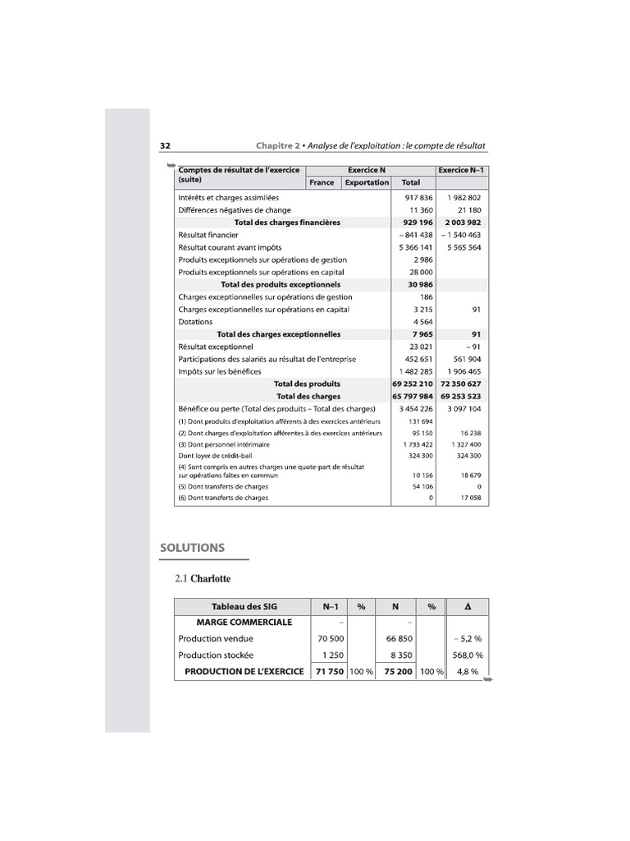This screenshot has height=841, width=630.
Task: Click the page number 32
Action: click(x=165, y=145)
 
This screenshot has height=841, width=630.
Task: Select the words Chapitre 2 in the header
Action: click(x=277, y=145)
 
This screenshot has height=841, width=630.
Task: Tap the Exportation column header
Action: click(x=367, y=182)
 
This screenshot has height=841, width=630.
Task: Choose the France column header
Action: click(x=322, y=182)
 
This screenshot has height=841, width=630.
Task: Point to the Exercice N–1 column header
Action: click(x=462, y=170)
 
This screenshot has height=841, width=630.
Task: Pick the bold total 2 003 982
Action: click(x=462, y=223)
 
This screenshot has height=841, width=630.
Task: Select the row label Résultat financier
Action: click(x=208, y=235)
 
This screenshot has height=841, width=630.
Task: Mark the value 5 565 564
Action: click(x=462, y=247)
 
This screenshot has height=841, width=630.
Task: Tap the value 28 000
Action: click(x=420, y=272)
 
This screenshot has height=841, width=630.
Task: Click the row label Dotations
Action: click(x=195, y=322)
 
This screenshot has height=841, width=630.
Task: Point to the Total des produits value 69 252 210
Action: click(x=413, y=384)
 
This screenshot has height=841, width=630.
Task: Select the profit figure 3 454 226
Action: click(x=415, y=408)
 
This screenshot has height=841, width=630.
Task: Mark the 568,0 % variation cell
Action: click(x=466, y=655)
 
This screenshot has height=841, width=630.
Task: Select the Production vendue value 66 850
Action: click(x=396, y=638)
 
